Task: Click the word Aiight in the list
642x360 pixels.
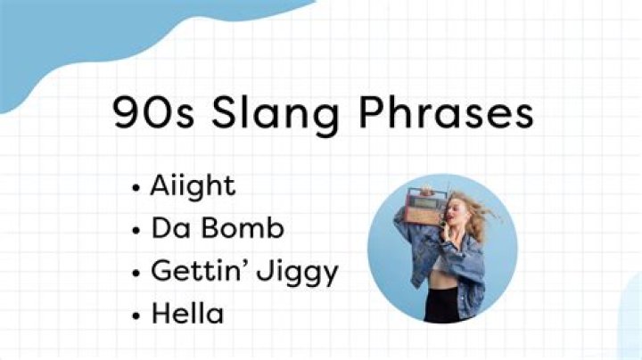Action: click(x=193, y=187)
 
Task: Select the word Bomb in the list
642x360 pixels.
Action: click(x=242, y=228)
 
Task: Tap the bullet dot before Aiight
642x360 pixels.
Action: click(x=135, y=188)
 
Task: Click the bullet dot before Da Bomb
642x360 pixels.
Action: click(x=135, y=230)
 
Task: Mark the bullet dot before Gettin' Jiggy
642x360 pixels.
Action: click(x=135, y=271)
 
